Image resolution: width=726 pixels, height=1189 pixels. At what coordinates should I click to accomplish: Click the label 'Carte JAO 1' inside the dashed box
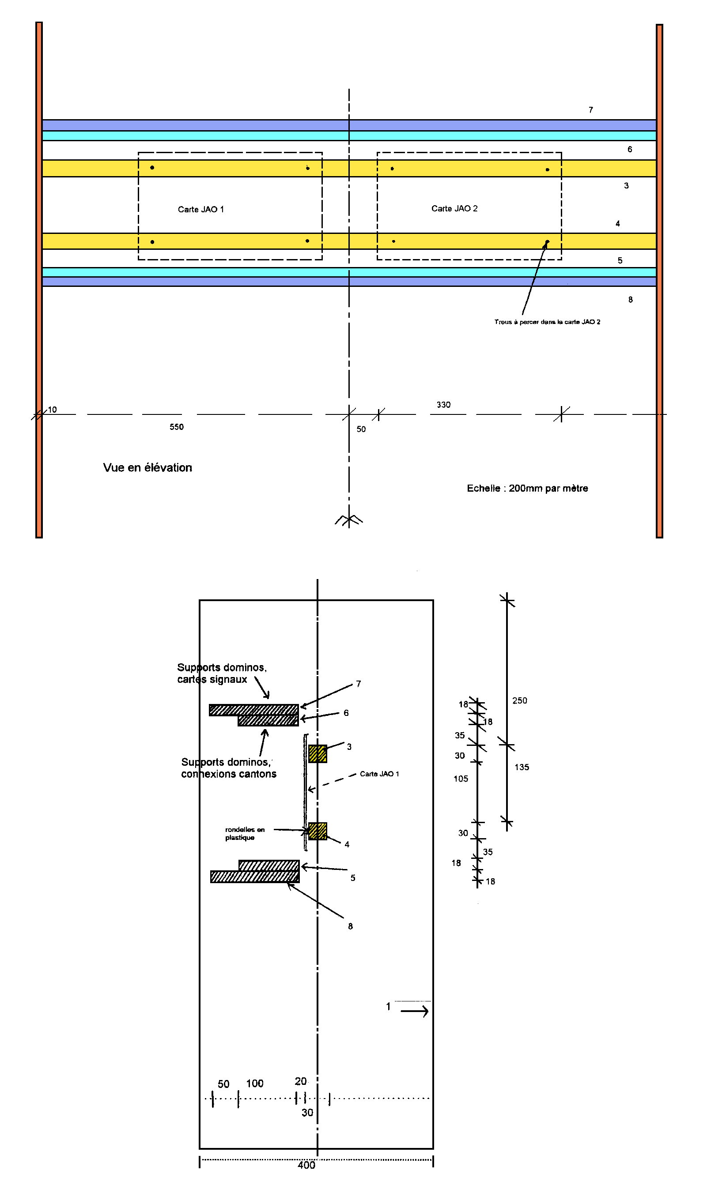coord(201,210)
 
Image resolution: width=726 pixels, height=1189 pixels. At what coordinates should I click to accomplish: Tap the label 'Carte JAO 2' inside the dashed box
coord(454,208)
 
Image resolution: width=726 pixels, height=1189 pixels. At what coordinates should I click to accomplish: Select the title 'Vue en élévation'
coord(147,467)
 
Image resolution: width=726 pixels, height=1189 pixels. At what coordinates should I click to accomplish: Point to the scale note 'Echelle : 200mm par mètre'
coord(527,488)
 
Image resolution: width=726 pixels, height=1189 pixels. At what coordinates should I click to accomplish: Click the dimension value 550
coord(177,427)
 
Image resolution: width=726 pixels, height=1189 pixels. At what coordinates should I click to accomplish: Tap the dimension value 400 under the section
coord(306,1165)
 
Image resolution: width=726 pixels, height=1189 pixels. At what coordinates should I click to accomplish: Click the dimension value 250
coord(520,701)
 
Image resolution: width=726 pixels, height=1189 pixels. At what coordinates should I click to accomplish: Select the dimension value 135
coord(522,767)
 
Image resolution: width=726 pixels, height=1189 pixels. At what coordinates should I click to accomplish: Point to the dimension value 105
coord(461,779)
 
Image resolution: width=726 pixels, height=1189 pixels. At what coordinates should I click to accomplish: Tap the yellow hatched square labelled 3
coord(318,754)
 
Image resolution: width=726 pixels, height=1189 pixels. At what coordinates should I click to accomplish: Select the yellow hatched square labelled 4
coord(318,832)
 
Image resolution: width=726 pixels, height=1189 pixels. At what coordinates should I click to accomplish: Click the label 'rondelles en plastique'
coord(245,833)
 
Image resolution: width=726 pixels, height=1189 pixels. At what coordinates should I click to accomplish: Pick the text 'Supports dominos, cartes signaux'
coord(222,673)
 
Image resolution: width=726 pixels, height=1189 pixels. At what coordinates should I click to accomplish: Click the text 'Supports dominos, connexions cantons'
coord(229,768)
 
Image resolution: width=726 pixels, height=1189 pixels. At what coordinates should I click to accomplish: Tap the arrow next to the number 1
coord(415,1011)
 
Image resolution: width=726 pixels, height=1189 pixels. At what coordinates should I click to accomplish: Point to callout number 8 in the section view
coord(351,926)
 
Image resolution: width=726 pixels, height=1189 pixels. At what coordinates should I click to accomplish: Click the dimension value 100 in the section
coord(255,1084)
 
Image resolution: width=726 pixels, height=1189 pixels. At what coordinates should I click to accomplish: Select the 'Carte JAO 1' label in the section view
coord(379,774)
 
